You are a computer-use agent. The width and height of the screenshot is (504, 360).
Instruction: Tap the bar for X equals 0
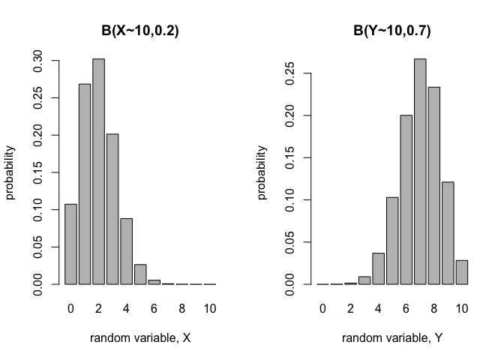[70, 244]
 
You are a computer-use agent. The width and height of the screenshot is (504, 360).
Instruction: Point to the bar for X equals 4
[126, 251]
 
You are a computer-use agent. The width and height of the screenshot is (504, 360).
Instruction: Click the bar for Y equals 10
[462, 272]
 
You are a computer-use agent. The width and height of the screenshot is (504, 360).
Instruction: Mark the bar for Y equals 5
[391, 241]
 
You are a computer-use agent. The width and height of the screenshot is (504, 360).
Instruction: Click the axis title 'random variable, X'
[140, 338]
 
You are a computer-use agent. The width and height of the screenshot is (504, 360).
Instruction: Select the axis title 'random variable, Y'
[392, 338]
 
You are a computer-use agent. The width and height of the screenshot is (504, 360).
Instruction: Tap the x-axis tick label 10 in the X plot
[209, 308]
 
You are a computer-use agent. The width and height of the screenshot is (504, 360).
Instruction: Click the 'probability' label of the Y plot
[262, 172]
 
